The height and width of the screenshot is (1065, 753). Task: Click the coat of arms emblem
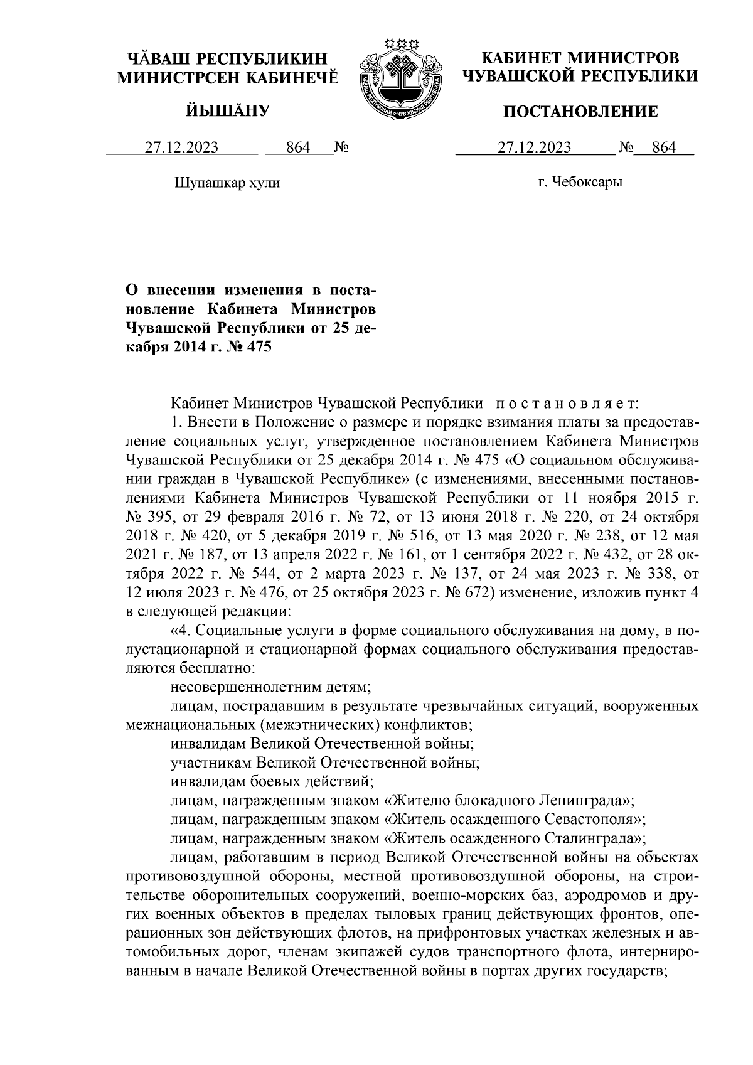[395, 79]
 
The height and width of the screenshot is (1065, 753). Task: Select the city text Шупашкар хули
[226, 183]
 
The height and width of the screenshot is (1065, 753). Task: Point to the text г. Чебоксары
[580, 183]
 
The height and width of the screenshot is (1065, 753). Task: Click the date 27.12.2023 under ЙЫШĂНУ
[182, 148]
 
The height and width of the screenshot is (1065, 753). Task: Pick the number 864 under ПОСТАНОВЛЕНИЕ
[664, 148]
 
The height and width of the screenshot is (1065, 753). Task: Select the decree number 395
[161, 517]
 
